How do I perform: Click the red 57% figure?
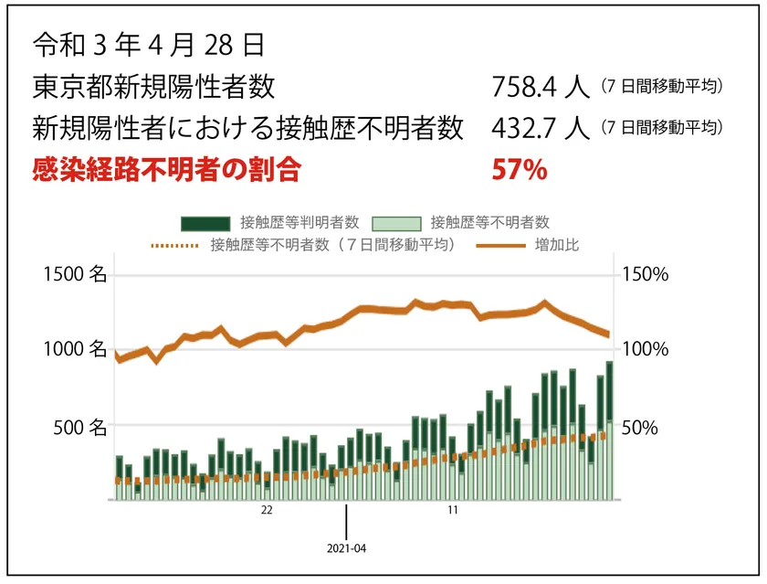[x=519, y=169]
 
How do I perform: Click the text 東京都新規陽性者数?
[x=152, y=87]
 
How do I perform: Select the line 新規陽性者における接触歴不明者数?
[x=247, y=128]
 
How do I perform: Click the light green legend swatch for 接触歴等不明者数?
[x=396, y=223]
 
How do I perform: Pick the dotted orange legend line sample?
[x=173, y=245]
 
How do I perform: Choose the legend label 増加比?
[x=556, y=245]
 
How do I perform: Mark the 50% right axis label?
[x=640, y=426]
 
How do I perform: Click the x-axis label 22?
[x=267, y=512]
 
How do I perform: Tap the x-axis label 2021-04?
[x=346, y=549]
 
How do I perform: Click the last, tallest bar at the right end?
[x=609, y=430]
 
